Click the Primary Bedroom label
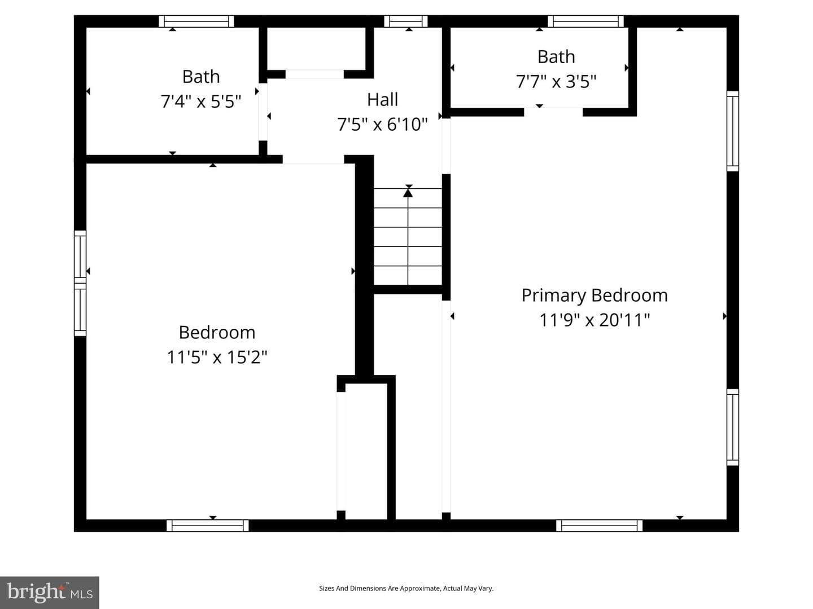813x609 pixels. (x=595, y=296)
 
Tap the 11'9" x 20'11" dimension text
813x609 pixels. (x=595, y=320)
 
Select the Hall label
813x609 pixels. (x=383, y=99)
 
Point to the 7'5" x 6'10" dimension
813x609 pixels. (x=382, y=124)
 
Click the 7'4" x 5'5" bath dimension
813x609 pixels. (x=201, y=101)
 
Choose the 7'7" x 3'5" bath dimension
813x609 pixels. (x=556, y=82)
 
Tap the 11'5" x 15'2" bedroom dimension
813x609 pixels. (x=217, y=357)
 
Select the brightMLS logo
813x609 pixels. (x=50, y=592)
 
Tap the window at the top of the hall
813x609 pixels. (x=406, y=21)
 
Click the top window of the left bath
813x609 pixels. (x=196, y=21)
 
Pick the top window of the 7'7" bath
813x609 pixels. (x=585, y=21)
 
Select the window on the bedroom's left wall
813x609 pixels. (x=80, y=283)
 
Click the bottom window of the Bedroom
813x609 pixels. (x=207, y=526)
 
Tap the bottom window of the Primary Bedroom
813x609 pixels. (x=599, y=526)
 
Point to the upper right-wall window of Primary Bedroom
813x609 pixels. (x=733, y=131)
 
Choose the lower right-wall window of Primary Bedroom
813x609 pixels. (x=733, y=427)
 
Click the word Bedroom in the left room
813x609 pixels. (x=217, y=333)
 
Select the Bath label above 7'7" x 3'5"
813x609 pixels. (x=556, y=57)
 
